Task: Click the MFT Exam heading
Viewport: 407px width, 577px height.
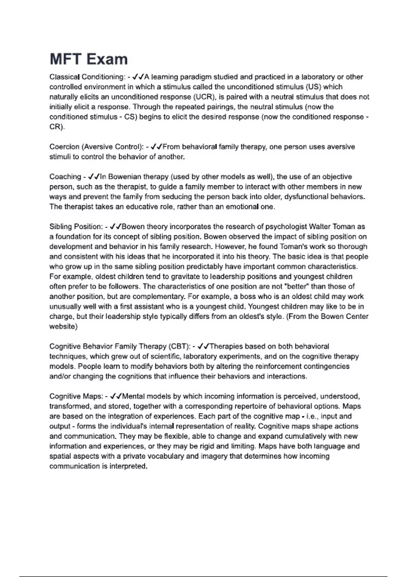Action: click(x=89, y=59)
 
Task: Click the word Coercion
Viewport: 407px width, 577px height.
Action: click(x=64, y=147)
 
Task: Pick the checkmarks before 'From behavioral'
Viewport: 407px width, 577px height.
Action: click(x=157, y=147)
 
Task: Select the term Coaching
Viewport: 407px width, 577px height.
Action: click(x=65, y=177)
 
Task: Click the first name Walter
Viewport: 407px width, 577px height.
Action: click(x=320, y=227)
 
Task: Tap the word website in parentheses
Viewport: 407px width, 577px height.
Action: click(x=63, y=327)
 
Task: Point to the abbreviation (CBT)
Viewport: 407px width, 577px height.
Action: click(x=179, y=347)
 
